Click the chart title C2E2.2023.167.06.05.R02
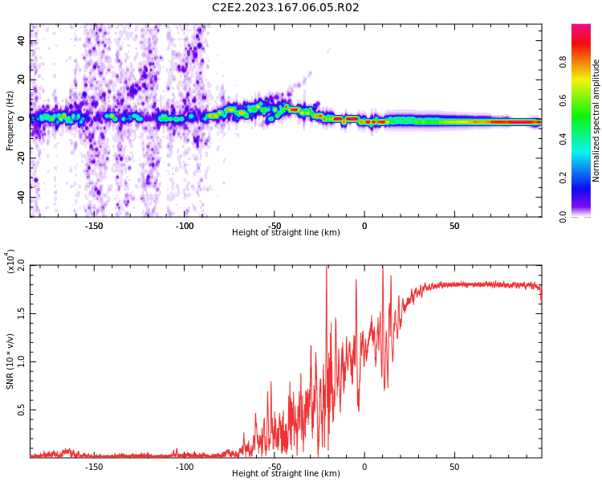pos(285,7)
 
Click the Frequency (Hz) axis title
pos(10,120)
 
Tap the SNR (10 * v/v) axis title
pos(10,361)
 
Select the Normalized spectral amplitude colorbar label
pos(596,120)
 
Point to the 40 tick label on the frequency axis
pos(22,40)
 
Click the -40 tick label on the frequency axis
pos(22,198)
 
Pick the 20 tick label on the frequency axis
pos(22,80)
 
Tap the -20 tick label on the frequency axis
pos(22,158)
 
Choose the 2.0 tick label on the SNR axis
pos(22,265)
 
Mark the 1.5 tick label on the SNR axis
pos(22,313)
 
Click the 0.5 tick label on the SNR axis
pos(22,411)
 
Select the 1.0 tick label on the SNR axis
pos(22,361)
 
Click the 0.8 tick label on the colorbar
pos(563,62)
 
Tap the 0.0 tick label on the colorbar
pos(563,217)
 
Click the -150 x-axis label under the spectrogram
pos(93,226)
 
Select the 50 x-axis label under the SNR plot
pos(454,467)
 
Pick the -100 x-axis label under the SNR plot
pos(184,467)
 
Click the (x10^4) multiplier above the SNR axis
pos(10,261)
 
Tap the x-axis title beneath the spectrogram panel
pos(286,232)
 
